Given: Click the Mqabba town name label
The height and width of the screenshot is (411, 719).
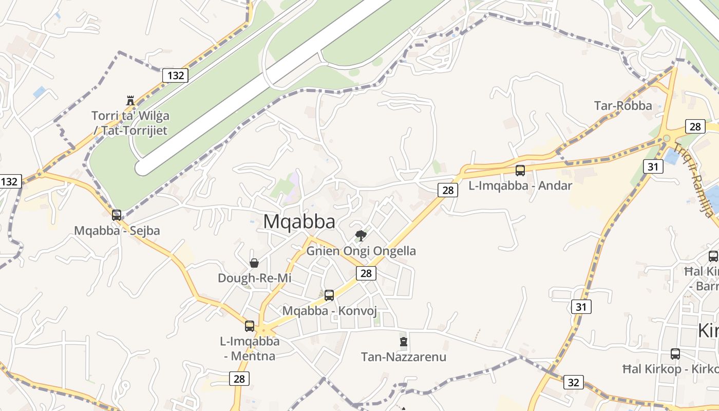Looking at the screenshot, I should pyautogui.click(x=299, y=221).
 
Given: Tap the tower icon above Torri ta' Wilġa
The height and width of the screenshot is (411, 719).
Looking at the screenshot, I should pyautogui.click(x=130, y=100).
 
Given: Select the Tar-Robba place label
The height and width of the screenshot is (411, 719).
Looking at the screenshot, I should pyautogui.click(x=623, y=106).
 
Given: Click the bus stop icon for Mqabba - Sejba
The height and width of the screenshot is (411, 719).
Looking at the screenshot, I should pyautogui.click(x=117, y=215).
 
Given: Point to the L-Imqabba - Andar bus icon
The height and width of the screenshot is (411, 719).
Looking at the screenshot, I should pyautogui.click(x=520, y=171).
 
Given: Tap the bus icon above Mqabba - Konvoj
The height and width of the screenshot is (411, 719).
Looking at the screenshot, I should pyautogui.click(x=329, y=295).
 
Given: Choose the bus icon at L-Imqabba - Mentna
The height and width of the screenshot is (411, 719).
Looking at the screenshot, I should pyautogui.click(x=250, y=326).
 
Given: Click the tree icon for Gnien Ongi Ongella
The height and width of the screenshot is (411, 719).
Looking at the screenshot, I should pyautogui.click(x=361, y=236).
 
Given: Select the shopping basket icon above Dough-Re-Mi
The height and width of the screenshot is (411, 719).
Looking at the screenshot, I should pyautogui.click(x=254, y=264).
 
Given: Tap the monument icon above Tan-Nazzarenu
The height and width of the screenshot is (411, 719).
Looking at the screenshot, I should pyautogui.click(x=403, y=342).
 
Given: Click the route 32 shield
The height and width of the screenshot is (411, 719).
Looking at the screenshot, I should pyautogui.click(x=573, y=382).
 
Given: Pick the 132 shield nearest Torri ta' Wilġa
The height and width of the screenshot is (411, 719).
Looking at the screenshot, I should pyautogui.click(x=176, y=76).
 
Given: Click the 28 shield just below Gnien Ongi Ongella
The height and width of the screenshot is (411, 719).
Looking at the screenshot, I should pyautogui.click(x=366, y=273).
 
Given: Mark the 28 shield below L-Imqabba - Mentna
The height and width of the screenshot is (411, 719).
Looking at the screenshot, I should pyautogui.click(x=239, y=379).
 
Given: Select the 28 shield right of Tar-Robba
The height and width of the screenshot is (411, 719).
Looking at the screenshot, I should pyautogui.click(x=695, y=126).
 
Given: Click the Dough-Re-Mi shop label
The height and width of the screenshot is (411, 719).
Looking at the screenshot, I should pyautogui.click(x=254, y=278).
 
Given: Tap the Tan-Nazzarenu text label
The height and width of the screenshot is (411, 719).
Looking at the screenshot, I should pyautogui.click(x=403, y=357).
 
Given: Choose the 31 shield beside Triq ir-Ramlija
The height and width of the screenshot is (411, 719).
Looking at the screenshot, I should pyautogui.click(x=652, y=166).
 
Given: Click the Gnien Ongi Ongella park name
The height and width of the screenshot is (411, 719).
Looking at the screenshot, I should pyautogui.click(x=361, y=251).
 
